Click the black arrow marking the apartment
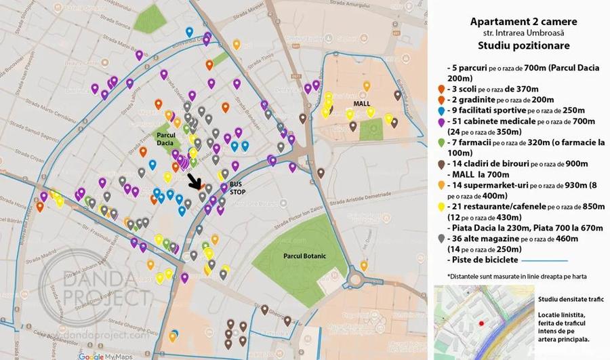(x=196, y=181)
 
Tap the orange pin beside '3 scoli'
(x=442, y=89)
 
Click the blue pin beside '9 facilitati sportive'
(x=442, y=110)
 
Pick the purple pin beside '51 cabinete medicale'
(x=442, y=121)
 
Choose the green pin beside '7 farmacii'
(x=442, y=142)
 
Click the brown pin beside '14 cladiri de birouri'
(x=442, y=163)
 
